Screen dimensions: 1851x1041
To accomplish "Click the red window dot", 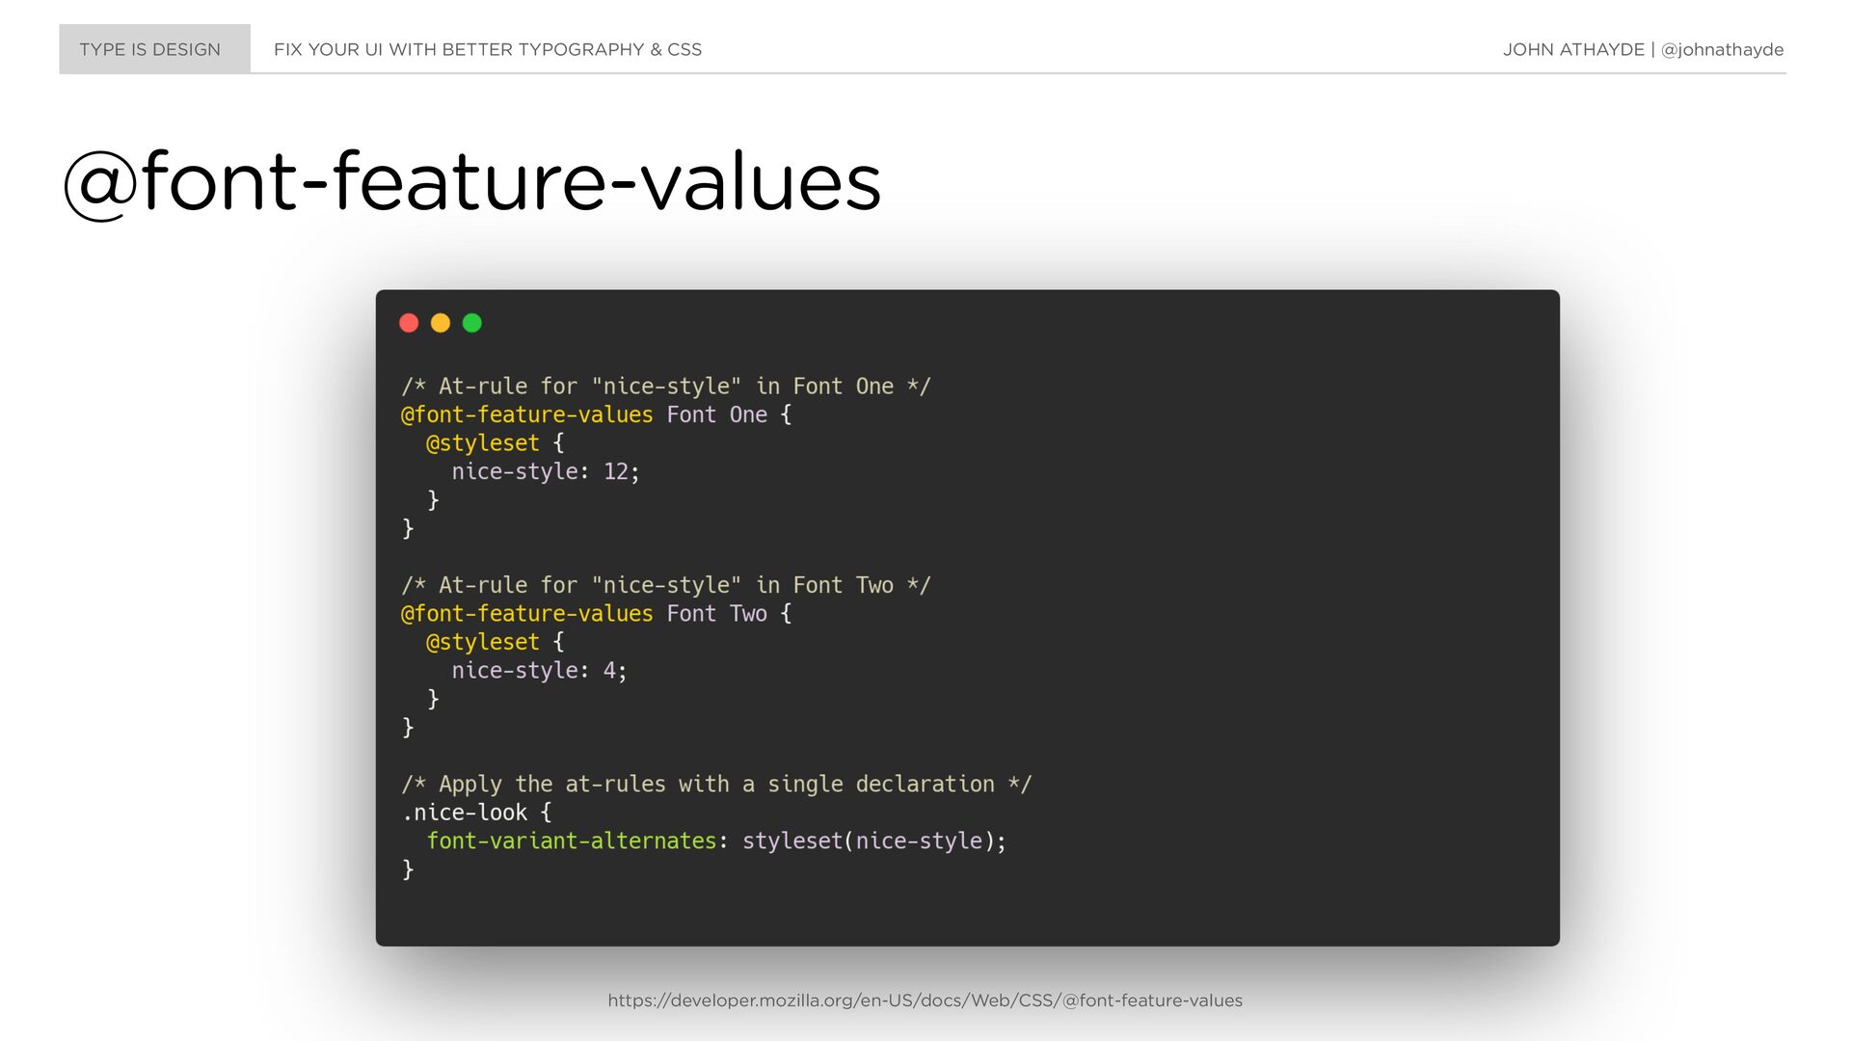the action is pyautogui.click(x=409, y=323).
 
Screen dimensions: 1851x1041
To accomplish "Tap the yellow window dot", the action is pyautogui.click(x=441, y=323).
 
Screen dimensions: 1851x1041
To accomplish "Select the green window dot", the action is pyautogui.click(x=472, y=323).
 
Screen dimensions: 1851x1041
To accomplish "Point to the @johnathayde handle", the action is pyautogui.click(x=1722, y=50).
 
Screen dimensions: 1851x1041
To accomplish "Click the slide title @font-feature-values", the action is pyautogui.click(x=472, y=182).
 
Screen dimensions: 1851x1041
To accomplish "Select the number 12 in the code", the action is pyautogui.click(x=616, y=471).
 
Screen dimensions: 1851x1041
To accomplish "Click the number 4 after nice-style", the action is pyautogui.click(x=609, y=671).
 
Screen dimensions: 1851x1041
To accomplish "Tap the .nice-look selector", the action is pyautogui.click(x=465, y=813).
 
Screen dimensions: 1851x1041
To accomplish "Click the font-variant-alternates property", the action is pyautogui.click(x=572, y=841).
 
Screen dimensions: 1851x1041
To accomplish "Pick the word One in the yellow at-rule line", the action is pyautogui.click(x=748, y=414).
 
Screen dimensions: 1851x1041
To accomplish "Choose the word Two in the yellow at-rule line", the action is pyautogui.click(x=748, y=614).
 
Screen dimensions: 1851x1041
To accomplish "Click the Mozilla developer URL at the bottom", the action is pyautogui.click(x=925, y=1001).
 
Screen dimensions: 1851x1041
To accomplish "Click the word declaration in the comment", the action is pyautogui.click(x=925, y=784).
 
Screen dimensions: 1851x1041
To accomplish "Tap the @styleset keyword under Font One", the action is pyautogui.click(x=483, y=443).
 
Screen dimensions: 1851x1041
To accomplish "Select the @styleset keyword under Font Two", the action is pyautogui.click(x=483, y=642).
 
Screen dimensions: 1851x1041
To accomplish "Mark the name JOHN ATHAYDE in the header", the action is pyautogui.click(x=1573, y=50).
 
